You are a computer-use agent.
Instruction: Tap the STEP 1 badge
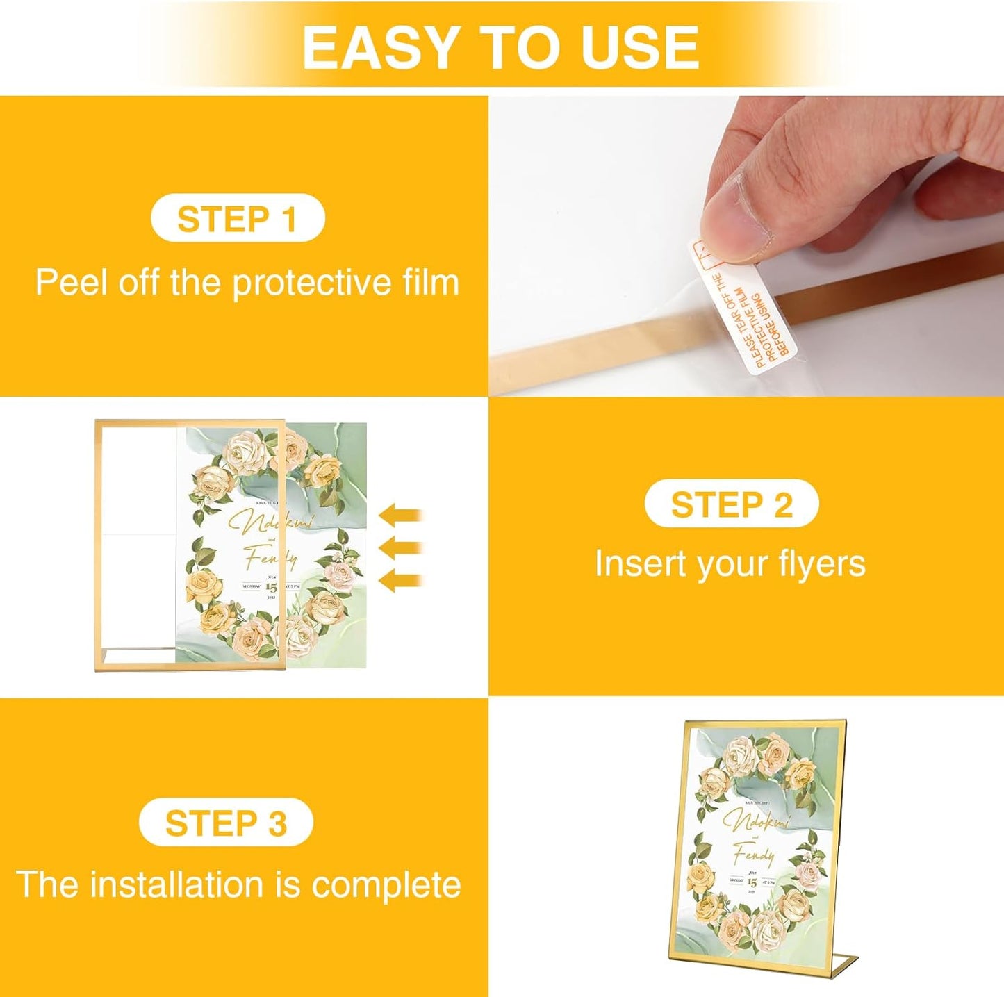(238, 219)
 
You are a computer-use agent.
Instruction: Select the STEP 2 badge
(731, 504)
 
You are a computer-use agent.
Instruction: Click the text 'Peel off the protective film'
(247, 282)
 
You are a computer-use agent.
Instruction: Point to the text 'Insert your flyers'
(730, 563)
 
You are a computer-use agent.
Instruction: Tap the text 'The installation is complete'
(238, 884)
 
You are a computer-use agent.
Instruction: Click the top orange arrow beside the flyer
(401, 516)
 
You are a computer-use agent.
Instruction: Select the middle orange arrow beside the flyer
(401, 547)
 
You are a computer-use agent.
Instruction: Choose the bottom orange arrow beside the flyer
(401, 579)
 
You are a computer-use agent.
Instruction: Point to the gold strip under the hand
(611, 341)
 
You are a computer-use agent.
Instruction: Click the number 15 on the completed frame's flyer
(752, 882)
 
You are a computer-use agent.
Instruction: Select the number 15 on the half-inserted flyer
(270, 587)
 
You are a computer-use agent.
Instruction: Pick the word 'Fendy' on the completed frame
(753, 854)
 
